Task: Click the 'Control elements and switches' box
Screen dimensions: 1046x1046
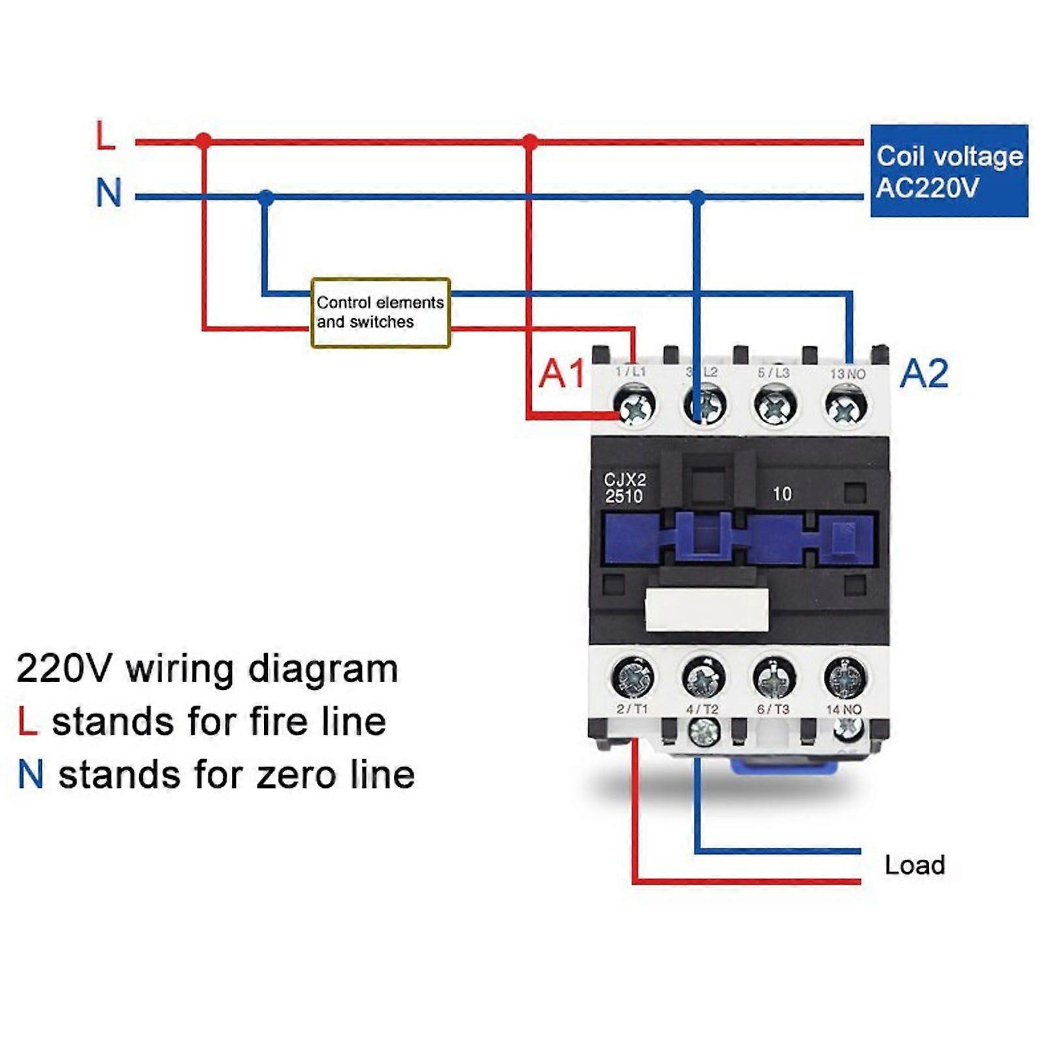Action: (380, 312)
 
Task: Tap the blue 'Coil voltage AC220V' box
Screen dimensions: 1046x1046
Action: (949, 171)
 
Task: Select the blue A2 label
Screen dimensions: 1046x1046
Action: (924, 374)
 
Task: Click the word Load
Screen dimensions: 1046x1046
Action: (915, 865)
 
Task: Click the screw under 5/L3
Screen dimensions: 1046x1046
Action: (775, 405)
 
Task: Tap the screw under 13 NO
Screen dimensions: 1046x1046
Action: (846, 406)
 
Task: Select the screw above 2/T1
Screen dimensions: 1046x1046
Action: (633, 677)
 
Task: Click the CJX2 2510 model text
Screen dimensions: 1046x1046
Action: (624, 488)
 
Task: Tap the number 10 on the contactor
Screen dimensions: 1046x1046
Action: (781, 494)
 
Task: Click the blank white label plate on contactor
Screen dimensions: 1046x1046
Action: (706, 610)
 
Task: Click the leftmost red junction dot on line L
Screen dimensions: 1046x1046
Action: (204, 141)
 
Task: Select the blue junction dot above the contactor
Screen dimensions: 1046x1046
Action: (698, 197)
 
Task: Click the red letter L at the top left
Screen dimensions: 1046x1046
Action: (105, 136)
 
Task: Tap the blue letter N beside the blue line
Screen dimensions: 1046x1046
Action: (108, 193)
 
